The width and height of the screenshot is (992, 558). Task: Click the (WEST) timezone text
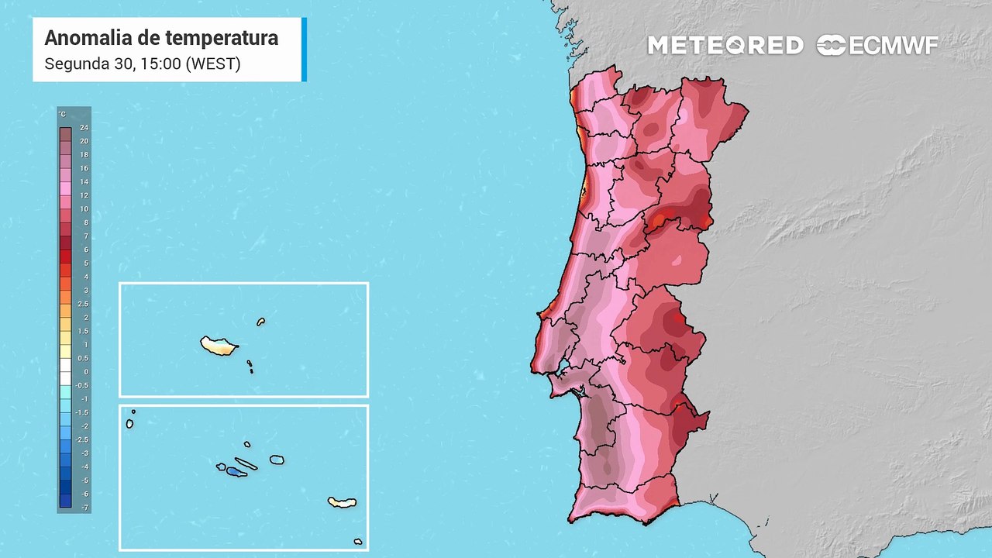[212, 64]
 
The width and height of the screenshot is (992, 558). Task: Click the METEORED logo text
[725, 46]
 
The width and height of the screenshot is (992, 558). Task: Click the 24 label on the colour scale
[84, 128]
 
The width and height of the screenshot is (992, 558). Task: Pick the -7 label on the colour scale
[84, 507]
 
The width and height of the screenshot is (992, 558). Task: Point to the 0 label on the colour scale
[84, 372]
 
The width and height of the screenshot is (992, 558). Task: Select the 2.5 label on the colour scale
[84, 304]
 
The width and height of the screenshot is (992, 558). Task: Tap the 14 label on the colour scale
[84, 182]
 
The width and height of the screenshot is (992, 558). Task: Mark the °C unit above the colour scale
[63, 115]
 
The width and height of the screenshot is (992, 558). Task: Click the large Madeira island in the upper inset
[218, 345]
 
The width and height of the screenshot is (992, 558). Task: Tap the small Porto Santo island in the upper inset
[261, 322]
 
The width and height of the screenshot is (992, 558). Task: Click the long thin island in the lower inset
[246, 464]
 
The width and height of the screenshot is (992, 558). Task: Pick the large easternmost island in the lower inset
[342, 502]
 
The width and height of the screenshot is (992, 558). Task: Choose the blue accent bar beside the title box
[304, 49]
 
